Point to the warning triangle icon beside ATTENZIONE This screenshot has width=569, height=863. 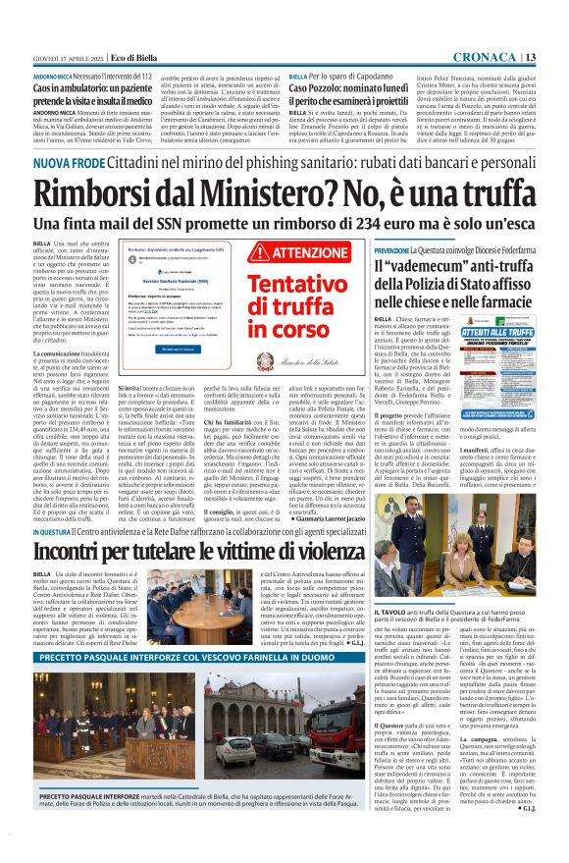coord(259,253)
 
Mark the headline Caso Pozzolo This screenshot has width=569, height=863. coord(333,89)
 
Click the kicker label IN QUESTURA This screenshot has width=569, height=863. coord(51,531)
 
